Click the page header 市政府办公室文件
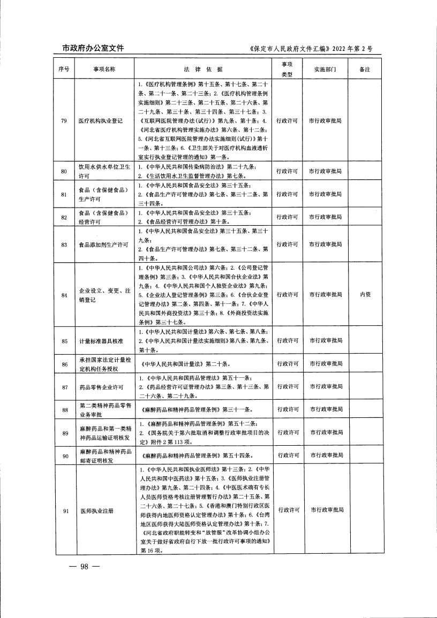(x=89, y=48)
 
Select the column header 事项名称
(x=96, y=70)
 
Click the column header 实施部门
(x=325, y=70)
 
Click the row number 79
(x=64, y=120)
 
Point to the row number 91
(x=64, y=510)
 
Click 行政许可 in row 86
(x=288, y=364)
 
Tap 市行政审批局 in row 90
(x=325, y=455)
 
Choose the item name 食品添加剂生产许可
(x=103, y=245)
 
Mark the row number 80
(x=64, y=171)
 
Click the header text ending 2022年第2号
(x=311, y=49)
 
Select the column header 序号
(x=64, y=70)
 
